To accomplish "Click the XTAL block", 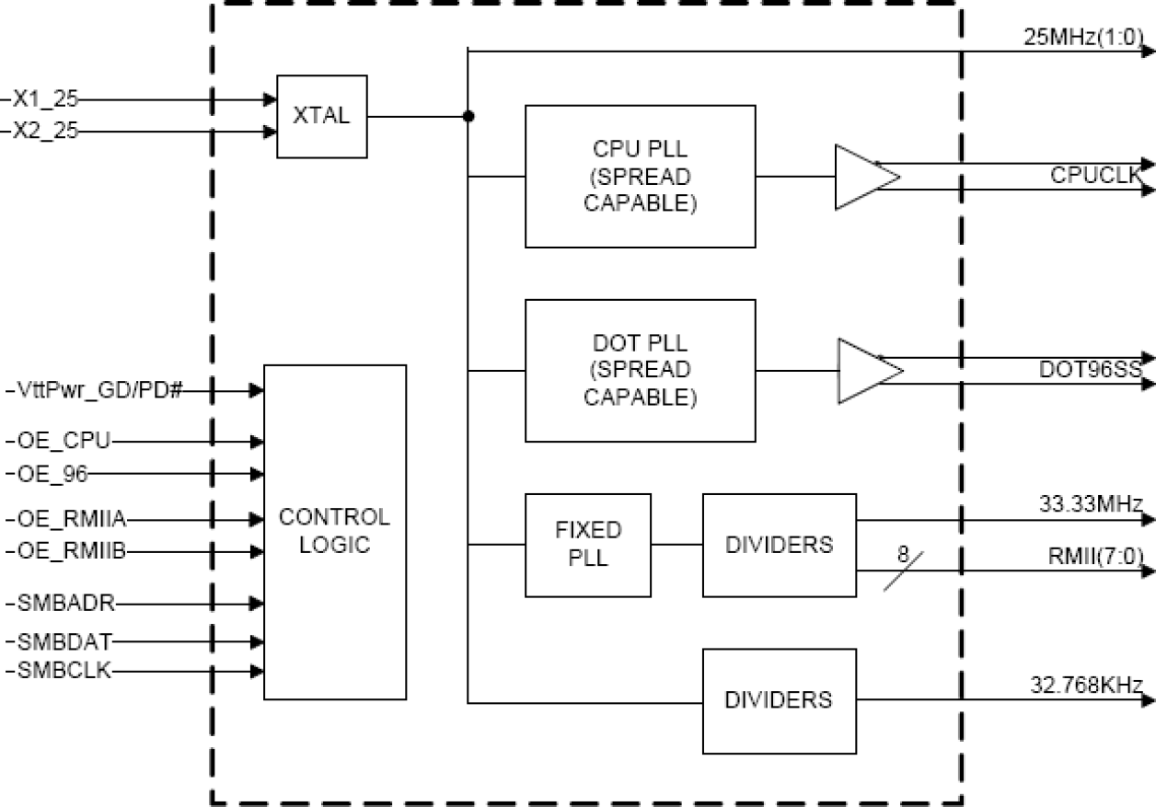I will (321, 117).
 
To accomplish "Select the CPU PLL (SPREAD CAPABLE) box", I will (640, 176).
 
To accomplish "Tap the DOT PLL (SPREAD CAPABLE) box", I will (640, 370).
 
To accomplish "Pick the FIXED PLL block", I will (587, 545).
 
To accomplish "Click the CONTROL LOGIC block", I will (335, 531).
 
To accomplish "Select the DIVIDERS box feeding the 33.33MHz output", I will (779, 545).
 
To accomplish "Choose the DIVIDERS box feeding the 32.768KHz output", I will (779, 700).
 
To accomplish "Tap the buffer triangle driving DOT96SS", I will (864, 371).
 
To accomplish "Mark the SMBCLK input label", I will (64, 670).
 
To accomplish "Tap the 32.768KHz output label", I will (1086, 685).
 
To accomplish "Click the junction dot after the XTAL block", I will (468, 117).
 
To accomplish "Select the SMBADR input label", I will (65, 604).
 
